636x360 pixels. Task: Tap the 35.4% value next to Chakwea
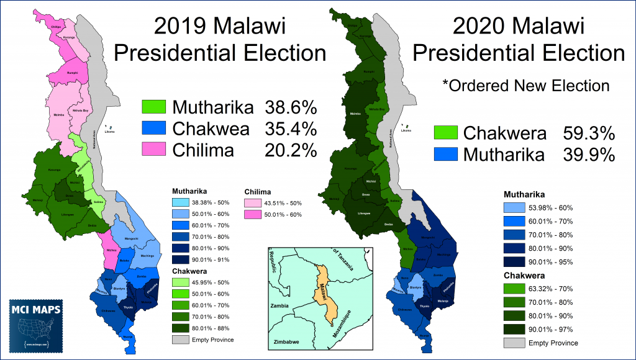pos(291,129)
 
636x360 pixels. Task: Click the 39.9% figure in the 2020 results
pos(589,155)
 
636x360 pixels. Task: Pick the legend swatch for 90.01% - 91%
pos(183,259)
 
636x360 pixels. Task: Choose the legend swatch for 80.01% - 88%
pos(183,328)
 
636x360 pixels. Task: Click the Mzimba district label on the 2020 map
pos(355,114)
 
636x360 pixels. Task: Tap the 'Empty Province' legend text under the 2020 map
pos(552,343)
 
